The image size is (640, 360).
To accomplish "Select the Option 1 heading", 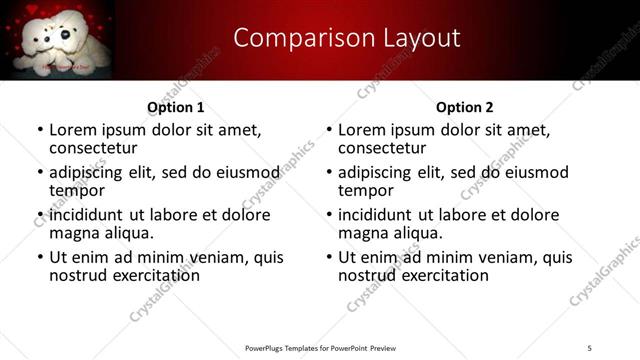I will click(x=175, y=107).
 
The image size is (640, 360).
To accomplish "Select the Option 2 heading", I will click(x=464, y=107).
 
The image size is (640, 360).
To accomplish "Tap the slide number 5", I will click(x=590, y=347).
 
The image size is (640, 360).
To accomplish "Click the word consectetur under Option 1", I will click(x=95, y=148).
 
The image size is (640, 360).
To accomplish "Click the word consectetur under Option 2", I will click(x=384, y=148).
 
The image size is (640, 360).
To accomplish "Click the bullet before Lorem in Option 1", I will click(x=40, y=130).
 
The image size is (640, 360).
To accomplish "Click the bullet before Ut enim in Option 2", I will click(x=329, y=257).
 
